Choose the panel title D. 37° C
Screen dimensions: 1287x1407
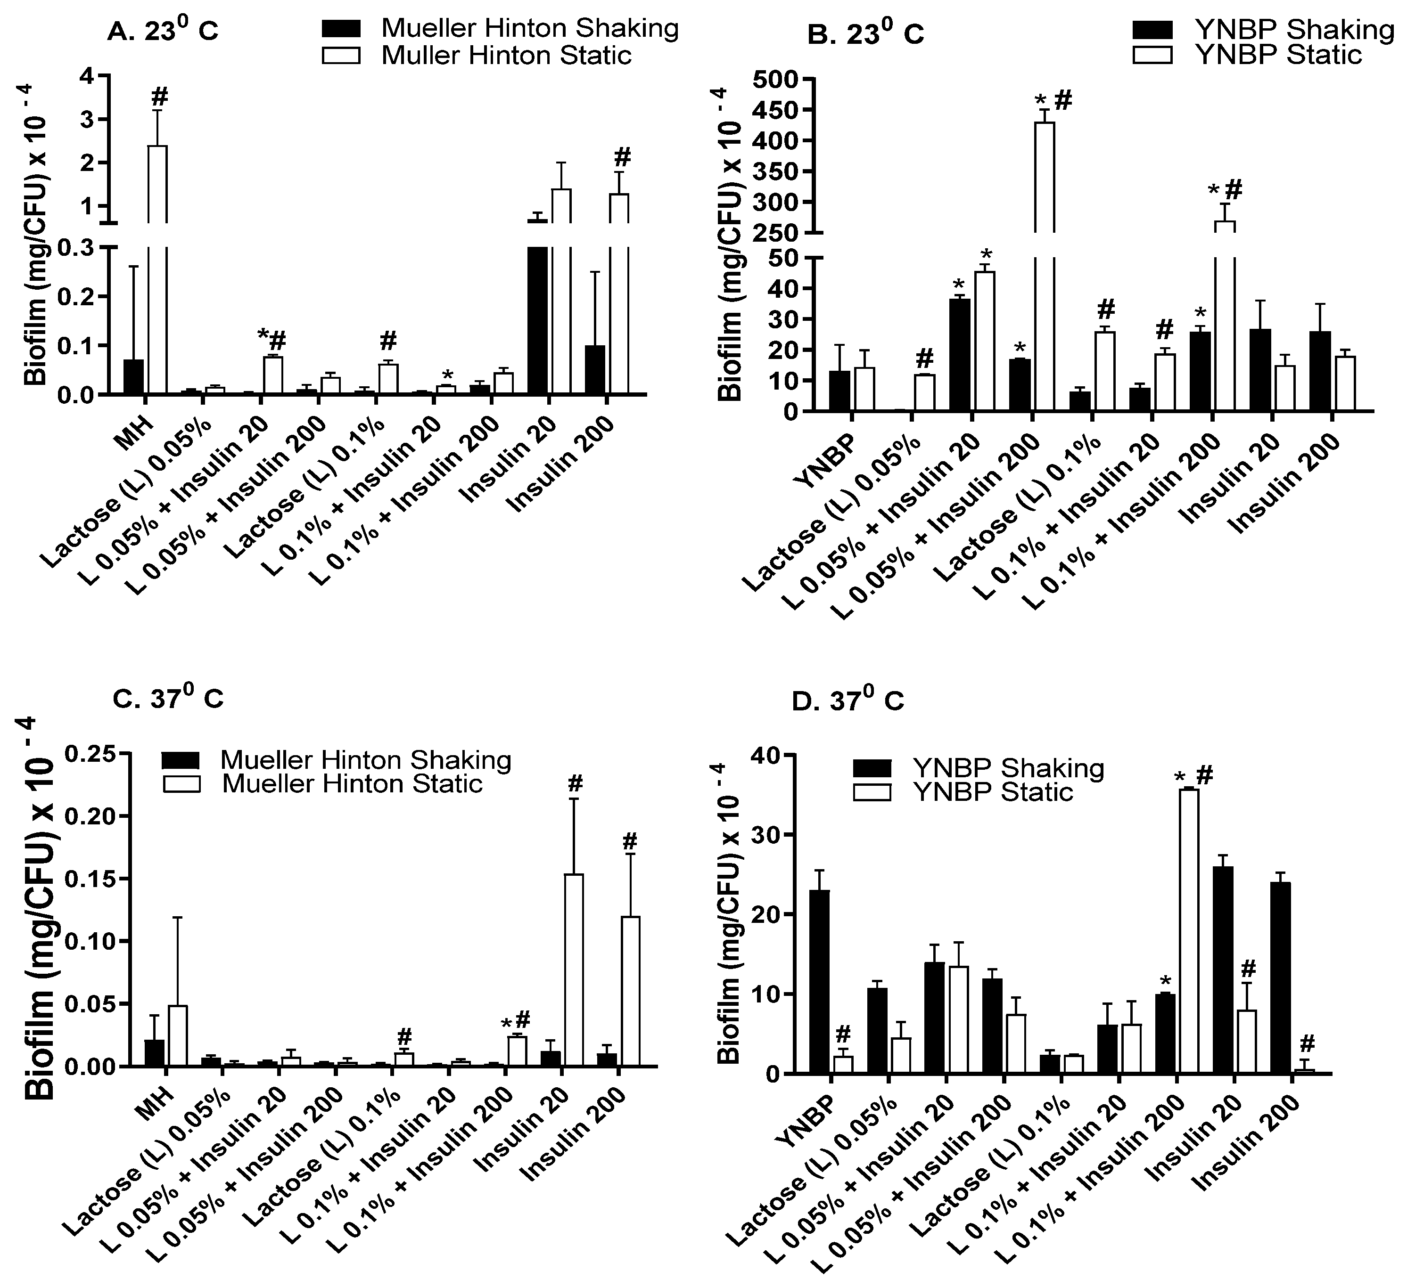coord(847,701)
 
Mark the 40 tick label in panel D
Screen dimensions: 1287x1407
coord(765,755)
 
